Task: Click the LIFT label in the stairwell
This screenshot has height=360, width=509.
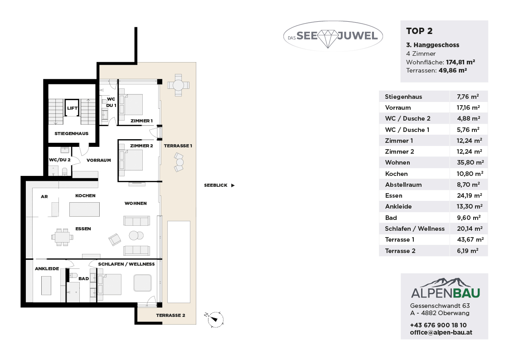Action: (x=72, y=108)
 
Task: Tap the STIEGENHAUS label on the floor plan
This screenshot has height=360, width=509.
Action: (x=72, y=133)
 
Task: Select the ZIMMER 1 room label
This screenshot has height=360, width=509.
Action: (x=141, y=121)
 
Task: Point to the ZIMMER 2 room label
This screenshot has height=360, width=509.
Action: (x=141, y=146)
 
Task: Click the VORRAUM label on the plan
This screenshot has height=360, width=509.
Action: (x=99, y=160)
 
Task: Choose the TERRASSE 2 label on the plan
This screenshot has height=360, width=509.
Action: (x=170, y=315)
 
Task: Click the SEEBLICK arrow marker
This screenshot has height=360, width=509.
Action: (x=233, y=185)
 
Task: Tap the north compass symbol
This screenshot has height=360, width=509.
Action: (x=215, y=319)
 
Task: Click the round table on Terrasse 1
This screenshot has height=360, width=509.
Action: (x=178, y=85)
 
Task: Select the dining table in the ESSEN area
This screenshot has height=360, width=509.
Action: (x=63, y=237)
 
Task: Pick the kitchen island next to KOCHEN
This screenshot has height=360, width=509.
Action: (x=84, y=209)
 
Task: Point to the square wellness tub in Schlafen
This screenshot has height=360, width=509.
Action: (x=142, y=283)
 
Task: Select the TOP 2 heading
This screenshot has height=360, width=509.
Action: (x=419, y=31)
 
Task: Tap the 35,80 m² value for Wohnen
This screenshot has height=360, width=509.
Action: (x=470, y=162)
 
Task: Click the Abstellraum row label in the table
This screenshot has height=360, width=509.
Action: (x=403, y=185)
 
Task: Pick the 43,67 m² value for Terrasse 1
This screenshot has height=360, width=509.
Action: (x=470, y=239)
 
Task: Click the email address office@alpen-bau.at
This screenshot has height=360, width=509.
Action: (x=441, y=332)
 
